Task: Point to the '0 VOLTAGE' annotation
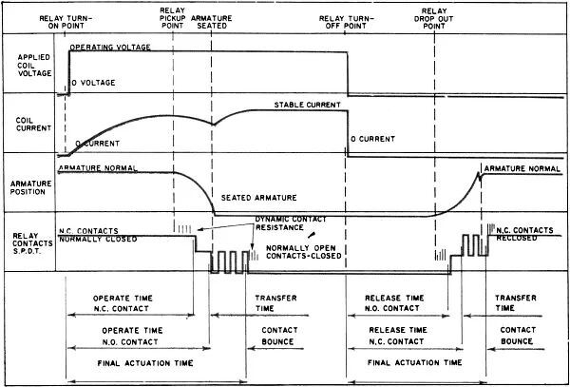(x=94, y=82)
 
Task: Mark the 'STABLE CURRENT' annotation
(x=307, y=104)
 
